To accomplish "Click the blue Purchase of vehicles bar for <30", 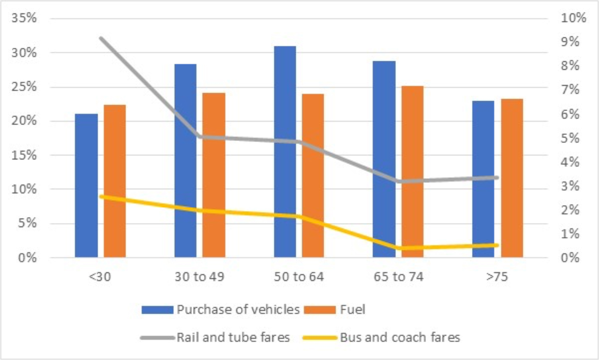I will tap(86, 186).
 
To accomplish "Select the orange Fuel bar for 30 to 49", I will tap(214, 175).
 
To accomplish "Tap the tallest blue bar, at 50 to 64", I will tap(285, 152).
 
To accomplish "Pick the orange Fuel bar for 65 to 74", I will tap(412, 172).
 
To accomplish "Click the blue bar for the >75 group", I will tap(483, 179).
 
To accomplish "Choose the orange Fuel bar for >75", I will tap(512, 178).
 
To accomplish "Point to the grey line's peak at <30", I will tap(101, 39).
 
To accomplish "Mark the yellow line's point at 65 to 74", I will tap(399, 248).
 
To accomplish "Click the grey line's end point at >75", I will tap(497, 178).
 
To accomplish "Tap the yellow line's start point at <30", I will tap(101, 196).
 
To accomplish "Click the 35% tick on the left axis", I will tap(24, 18).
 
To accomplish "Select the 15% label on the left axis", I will tap(24, 155).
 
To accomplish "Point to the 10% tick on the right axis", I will tap(573, 18).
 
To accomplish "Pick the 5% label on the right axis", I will tap(570, 138).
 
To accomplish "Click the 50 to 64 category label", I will tap(299, 277).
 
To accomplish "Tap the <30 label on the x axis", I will tap(100, 277).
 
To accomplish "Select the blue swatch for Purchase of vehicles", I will tap(157, 310).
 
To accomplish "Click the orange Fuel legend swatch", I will tap(319, 310).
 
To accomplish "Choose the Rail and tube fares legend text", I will tap(233, 338).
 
